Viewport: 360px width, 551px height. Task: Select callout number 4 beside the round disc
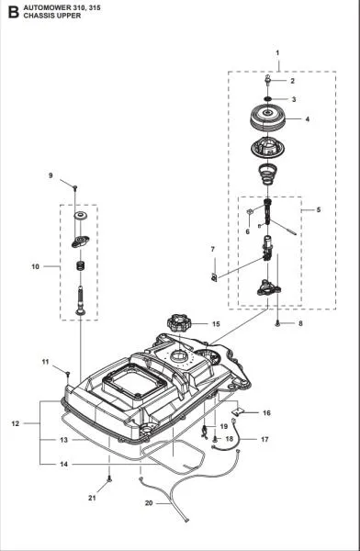[307, 119]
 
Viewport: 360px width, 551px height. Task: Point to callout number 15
[216, 324]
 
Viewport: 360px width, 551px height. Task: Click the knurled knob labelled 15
[178, 324]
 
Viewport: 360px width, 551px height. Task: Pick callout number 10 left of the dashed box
[36, 267]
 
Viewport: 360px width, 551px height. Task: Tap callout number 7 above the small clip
[212, 249]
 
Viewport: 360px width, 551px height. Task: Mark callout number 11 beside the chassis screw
[45, 365]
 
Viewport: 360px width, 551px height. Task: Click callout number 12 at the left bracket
[15, 423]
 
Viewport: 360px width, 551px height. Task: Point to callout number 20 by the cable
[150, 503]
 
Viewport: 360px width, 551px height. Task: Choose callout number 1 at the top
[278, 54]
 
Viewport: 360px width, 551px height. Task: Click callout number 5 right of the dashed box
[319, 210]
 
